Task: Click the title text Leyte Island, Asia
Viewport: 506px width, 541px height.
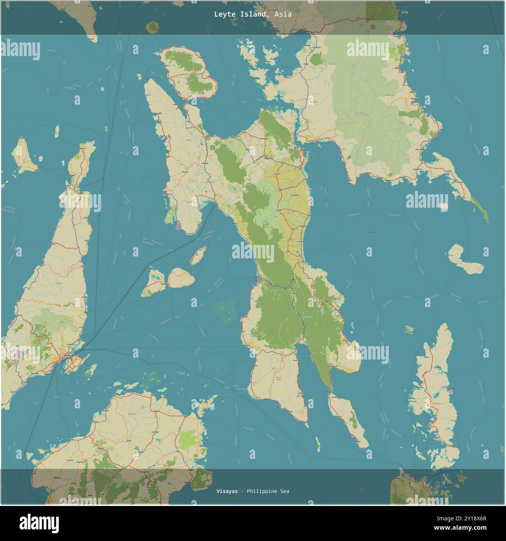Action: (253, 14)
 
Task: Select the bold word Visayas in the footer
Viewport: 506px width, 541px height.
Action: (227, 491)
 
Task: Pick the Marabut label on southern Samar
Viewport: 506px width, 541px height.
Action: (350, 181)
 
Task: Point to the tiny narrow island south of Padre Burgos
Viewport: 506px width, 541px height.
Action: (318, 441)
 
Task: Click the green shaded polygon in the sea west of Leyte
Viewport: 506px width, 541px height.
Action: (224, 309)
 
